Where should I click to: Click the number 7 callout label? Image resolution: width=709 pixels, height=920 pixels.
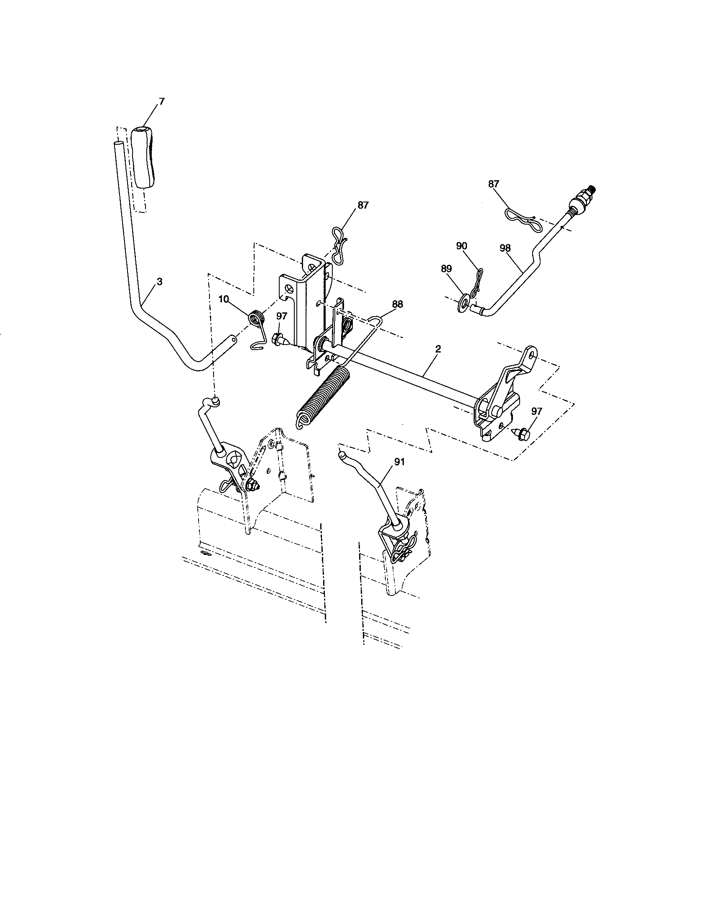(x=162, y=101)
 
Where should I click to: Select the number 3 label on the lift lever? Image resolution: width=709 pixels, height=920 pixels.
(x=159, y=282)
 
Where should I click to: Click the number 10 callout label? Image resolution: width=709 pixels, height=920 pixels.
(x=224, y=299)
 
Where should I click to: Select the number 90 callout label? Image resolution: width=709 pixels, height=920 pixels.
(x=462, y=246)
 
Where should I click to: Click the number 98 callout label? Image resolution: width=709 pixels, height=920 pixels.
(x=505, y=248)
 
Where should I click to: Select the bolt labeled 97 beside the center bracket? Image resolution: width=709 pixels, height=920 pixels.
(x=280, y=338)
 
